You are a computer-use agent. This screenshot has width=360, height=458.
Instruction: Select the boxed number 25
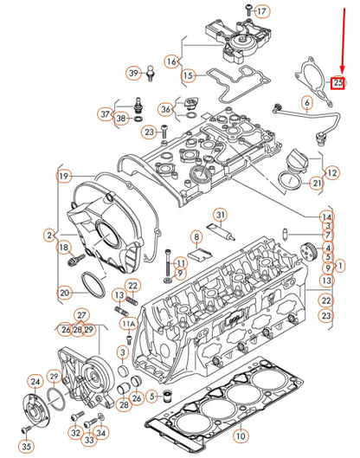(339, 83)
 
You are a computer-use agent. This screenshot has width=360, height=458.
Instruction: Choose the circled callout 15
(189, 76)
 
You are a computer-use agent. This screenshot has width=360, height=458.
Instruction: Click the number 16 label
(171, 61)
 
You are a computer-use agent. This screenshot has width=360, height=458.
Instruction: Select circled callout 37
(105, 113)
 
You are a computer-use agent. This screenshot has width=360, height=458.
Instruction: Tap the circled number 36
(166, 109)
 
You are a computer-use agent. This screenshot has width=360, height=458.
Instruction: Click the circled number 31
(221, 215)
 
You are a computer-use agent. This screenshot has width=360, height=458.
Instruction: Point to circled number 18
(63, 248)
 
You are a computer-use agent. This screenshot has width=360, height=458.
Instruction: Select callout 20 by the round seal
(65, 293)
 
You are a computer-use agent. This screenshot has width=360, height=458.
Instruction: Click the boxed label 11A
(128, 324)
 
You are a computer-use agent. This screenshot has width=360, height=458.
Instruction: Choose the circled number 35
(26, 446)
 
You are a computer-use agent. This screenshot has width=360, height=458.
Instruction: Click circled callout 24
(34, 381)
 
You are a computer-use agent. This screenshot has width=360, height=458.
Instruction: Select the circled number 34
(101, 433)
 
